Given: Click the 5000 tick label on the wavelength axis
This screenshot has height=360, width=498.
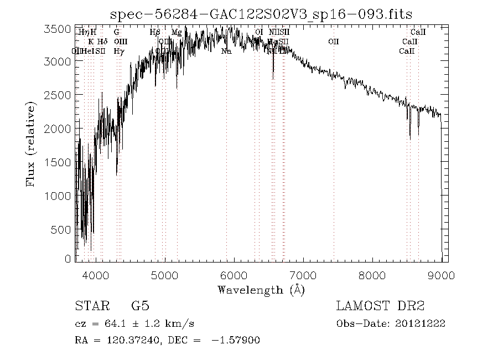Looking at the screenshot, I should click(165, 275).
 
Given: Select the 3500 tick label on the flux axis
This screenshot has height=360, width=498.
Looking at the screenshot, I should click(57, 29).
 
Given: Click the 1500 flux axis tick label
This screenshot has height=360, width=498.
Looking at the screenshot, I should click(57, 162).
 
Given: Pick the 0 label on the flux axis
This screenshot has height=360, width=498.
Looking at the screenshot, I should click(68, 259).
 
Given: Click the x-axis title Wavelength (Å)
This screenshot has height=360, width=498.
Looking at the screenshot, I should click(261, 290).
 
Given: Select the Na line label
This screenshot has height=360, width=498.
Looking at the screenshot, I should click(226, 51).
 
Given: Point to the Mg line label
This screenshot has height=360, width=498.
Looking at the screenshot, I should click(177, 33).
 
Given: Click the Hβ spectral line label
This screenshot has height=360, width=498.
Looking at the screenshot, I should click(155, 33).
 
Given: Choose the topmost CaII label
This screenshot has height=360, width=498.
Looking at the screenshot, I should click(418, 33).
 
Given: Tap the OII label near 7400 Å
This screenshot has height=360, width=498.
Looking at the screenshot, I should click(333, 42).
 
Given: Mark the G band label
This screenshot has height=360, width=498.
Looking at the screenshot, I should click(117, 33).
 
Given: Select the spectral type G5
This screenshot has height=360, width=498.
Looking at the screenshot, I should click(140, 306).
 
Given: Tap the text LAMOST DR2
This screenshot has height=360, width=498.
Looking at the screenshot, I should click(380, 306).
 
